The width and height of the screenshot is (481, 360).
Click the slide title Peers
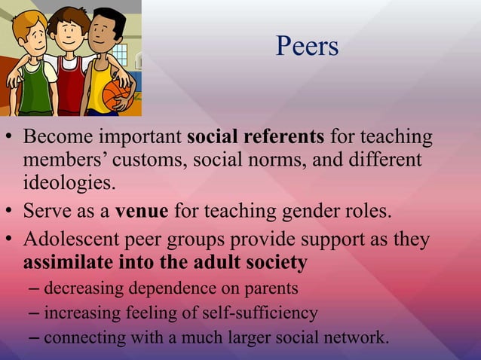coord(306,47)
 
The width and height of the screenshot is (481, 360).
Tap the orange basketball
coord(118,96)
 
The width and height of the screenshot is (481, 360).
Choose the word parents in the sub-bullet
coord(272,288)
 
